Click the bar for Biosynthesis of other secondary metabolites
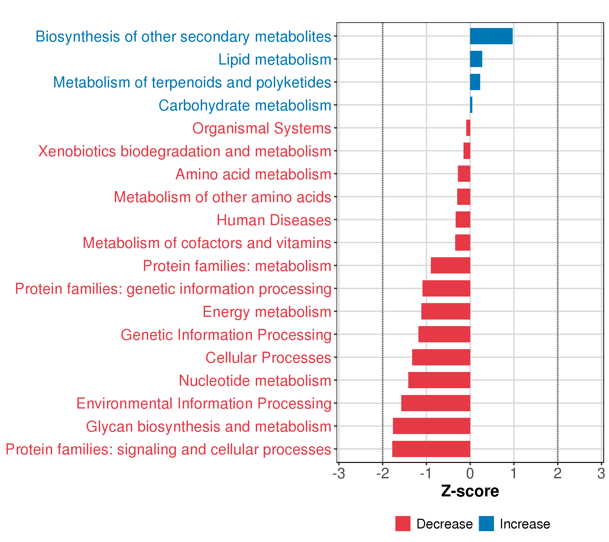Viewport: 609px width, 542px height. point(491,36)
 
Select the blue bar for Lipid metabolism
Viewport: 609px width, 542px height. point(476,59)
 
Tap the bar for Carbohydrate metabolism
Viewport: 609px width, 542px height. point(471,105)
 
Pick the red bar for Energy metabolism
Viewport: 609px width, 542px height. point(446,311)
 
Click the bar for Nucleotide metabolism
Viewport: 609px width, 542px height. point(439,380)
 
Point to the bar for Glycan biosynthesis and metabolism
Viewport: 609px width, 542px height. point(431,426)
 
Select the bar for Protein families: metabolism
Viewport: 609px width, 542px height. point(450,266)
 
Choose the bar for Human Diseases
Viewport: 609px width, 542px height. point(463,220)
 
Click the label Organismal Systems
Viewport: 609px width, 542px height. point(262,128)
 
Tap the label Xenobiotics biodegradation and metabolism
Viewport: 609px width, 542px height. point(185,151)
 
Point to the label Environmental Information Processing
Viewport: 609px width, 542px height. point(204,404)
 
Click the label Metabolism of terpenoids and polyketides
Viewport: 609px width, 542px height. point(192,82)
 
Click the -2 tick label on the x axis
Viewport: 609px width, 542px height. point(382,474)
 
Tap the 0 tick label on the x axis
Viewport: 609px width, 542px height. point(470,474)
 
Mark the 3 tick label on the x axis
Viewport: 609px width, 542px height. point(601,474)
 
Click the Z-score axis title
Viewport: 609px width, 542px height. point(470,491)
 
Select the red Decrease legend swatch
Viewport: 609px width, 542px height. point(403,524)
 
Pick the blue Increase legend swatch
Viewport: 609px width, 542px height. point(486,524)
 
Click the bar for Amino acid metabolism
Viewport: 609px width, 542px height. point(464,174)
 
